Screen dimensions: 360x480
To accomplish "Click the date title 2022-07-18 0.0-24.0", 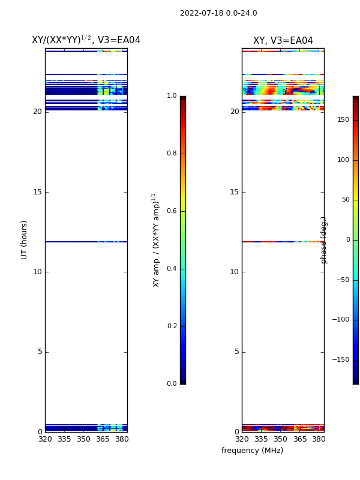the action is (x=218, y=13).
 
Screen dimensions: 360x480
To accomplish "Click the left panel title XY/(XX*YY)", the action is (x=61, y=40).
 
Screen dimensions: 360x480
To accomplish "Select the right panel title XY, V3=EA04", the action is (x=283, y=40).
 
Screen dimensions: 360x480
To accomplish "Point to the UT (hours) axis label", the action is (x=24, y=240).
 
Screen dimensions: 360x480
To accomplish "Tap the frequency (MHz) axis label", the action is (x=252, y=451).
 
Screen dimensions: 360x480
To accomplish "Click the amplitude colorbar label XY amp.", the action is (x=156, y=240).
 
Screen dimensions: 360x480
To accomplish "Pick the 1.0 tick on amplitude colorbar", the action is (x=172, y=95).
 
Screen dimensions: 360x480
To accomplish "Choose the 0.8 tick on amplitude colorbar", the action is (x=172, y=153).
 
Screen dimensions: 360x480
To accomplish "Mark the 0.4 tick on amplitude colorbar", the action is (x=172, y=268).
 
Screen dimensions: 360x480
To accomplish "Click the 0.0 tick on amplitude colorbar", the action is (x=172, y=383).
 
